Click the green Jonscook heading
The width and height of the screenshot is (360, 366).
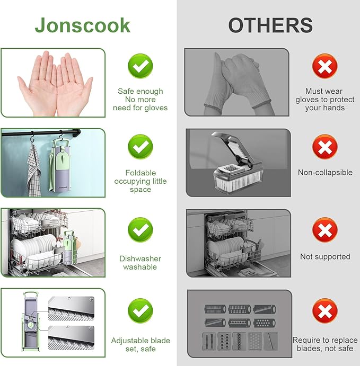(83, 25)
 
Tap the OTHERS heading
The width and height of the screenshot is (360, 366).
(270, 25)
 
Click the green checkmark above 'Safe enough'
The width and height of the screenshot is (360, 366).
(140, 66)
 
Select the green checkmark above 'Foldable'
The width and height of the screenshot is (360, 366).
(140, 147)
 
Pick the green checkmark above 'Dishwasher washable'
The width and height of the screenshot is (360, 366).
(140, 230)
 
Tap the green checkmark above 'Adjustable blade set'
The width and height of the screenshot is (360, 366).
(140, 311)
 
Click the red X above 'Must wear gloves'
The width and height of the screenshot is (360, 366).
(324, 66)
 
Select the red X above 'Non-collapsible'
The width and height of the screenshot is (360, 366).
(324, 147)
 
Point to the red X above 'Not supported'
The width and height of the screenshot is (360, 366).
(324, 230)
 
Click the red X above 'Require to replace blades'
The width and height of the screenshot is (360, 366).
(324, 311)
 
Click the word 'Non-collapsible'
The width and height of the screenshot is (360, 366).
(325, 173)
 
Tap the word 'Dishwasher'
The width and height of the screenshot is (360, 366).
(140, 258)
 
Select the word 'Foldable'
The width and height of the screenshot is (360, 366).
(141, 173)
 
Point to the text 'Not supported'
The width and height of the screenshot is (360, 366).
(325, 256)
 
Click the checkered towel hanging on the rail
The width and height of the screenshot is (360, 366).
(34, 171)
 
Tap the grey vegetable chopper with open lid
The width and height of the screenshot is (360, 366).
(238, 163)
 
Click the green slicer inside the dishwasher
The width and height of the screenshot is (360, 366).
(69, 247)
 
